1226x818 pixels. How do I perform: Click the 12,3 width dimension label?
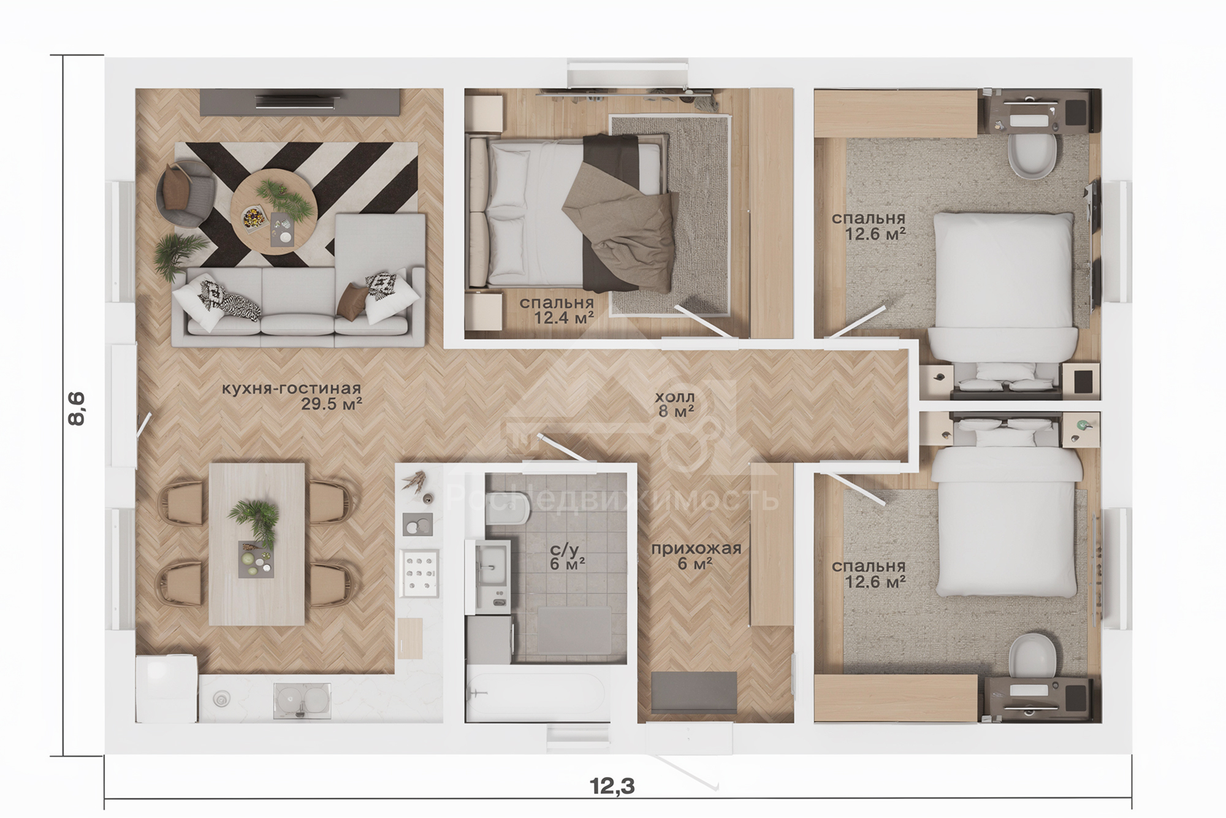[x=612, y=786]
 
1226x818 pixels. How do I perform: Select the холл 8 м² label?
[x=676, y=404]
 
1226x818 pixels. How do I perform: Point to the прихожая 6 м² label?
[x=696, y=556]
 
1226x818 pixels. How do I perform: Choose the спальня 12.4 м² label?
[x=557, y=310]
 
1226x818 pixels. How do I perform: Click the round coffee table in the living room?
[x=274, y=211]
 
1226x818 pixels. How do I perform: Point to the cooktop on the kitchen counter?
[x=419, y=573]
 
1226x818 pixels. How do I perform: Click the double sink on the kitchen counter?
[x=302, y=700]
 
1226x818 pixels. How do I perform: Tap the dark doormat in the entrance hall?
[x=694, y=692]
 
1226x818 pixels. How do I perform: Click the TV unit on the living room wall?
[x=300, y=101]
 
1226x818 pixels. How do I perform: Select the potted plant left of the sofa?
[x=177, y=253]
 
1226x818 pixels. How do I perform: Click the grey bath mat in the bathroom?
[x=574, y=632]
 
